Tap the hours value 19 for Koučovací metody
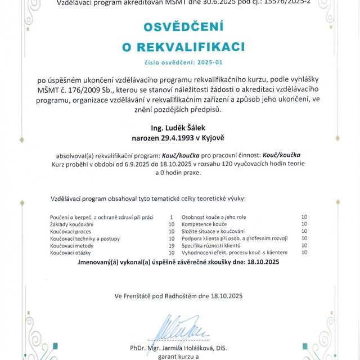click(x=172, y=246)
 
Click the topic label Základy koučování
click(x=72, y=224)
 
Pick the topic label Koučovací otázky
click(x=70, y=253)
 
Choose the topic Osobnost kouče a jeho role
click(x=214, y=217)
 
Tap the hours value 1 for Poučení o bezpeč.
click(x=171, y=217)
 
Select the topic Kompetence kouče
click(x=204, y=224)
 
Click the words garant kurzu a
click(x=179, y=356)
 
